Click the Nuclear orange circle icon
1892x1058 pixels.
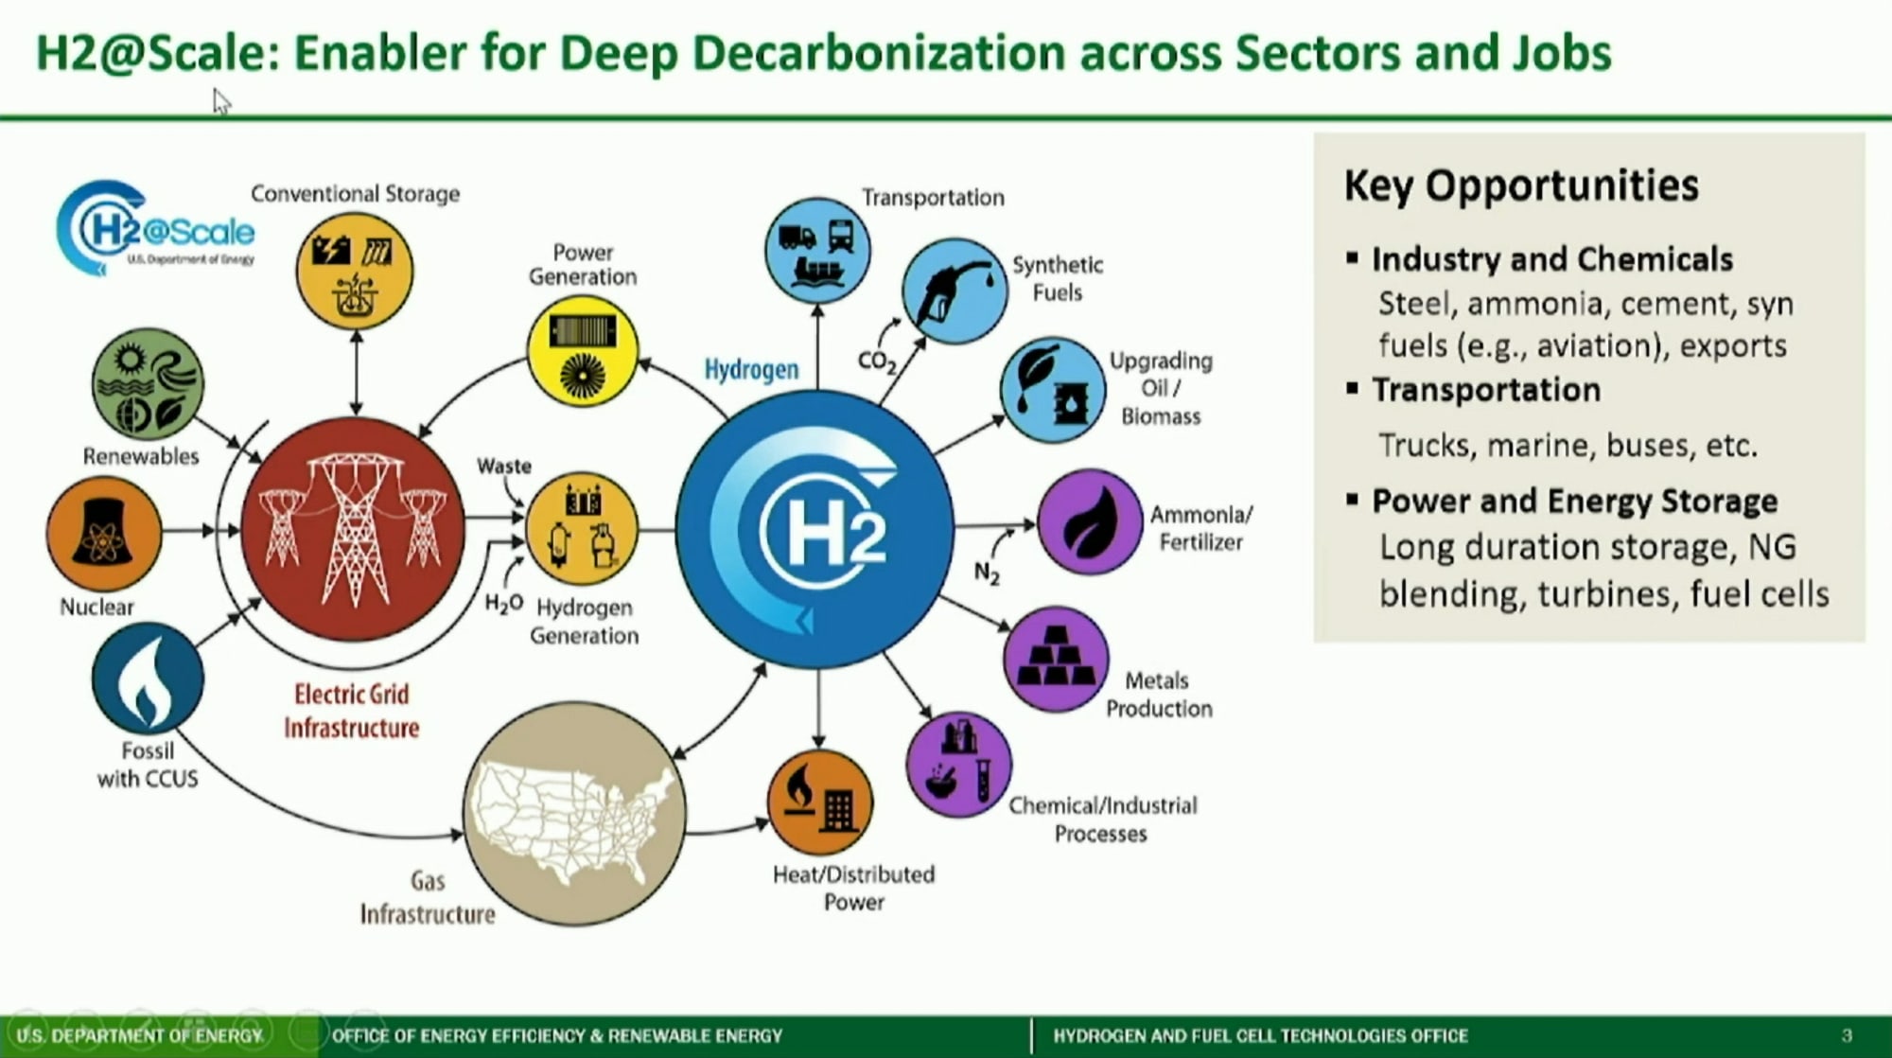pos(103,534)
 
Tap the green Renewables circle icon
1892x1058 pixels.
pos(148,384)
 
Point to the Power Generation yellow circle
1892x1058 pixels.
pos(582,350)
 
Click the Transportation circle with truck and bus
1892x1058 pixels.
pos(817,250)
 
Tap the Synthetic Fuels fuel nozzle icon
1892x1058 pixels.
pos(954,290)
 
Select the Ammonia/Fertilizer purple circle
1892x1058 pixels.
pos(1090,522)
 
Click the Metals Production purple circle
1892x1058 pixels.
pos(1055,659)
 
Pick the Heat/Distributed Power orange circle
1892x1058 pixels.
pos(820,802)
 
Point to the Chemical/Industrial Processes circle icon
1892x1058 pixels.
pos(958,765)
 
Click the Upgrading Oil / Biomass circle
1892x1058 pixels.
pos(1052,390)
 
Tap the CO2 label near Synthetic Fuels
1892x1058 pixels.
pos(877,361)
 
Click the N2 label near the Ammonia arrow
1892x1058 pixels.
pos(987,573)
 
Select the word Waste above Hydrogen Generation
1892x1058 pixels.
pos(504,466)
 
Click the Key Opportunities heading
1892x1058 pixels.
pos(1521,185)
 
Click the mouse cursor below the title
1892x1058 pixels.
pos(221,100)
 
